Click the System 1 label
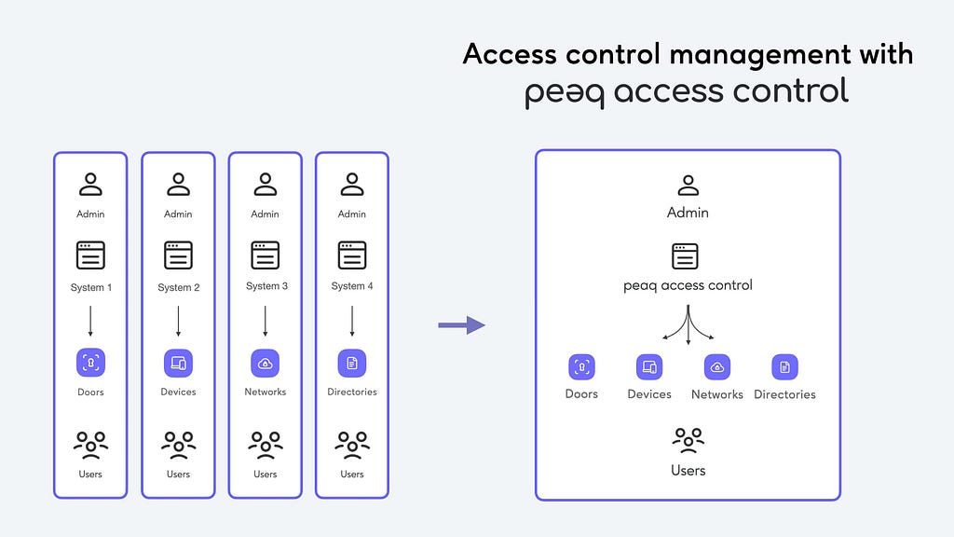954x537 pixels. [91, 287]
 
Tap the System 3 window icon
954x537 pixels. [266, 255]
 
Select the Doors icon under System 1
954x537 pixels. [90, 363]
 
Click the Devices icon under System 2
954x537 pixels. [178, 364]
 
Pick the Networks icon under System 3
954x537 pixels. [266, 364]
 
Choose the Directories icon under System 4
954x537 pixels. [352, 364]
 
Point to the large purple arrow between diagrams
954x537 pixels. [462, 325]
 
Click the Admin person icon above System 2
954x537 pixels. [178, 184]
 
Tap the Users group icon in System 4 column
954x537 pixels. [352, 445]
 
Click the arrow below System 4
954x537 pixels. [352, 321]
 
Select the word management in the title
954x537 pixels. [760, 55]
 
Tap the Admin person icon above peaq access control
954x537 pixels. [688, 186]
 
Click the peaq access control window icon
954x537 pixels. [685, 256]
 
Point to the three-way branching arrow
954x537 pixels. [688, 324]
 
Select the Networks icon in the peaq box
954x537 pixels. [717, 367]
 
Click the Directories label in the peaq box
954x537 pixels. [784, 394]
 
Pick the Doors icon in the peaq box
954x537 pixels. [581, 367]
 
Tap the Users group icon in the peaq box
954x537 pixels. [688, 440]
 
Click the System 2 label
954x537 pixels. [179, 287]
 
